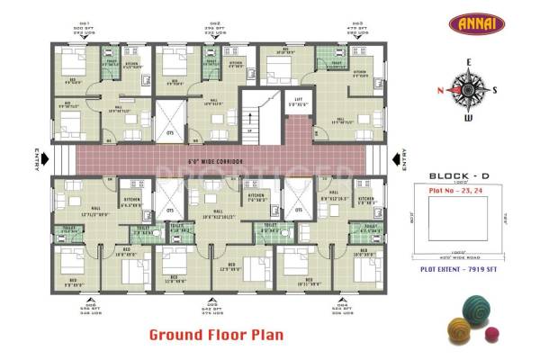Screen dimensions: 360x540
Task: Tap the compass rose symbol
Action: [x=466, y=89]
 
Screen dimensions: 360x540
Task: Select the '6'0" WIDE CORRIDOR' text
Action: [x=216, y=161]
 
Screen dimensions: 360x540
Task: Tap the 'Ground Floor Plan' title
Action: [x=216, y=335]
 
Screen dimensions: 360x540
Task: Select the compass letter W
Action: [x=466, y=117]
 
